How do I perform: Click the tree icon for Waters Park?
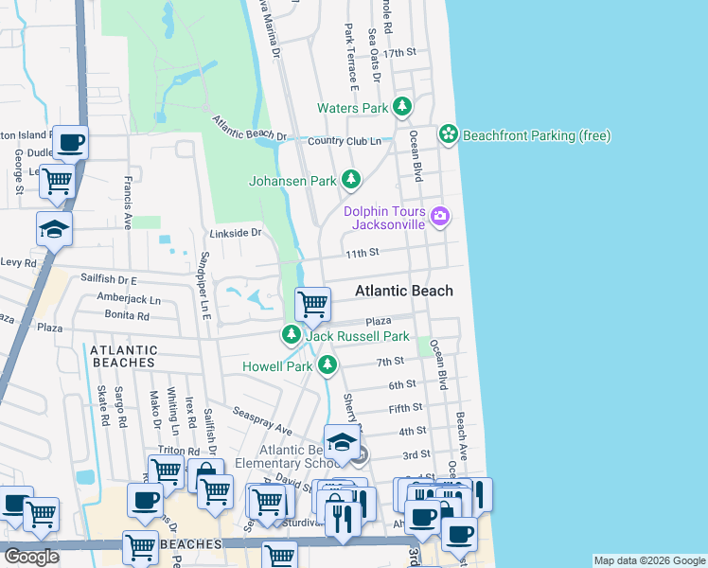coord(402,108)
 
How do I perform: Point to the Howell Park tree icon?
coord(327,365)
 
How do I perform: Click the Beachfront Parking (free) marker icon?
coord(448,136)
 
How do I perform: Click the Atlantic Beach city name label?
coord(404,292)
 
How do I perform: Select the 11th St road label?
coord(362,253)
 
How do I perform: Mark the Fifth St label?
coord(405,408)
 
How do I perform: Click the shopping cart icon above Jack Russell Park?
coord(312,305)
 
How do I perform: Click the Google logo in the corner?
coord(32,558)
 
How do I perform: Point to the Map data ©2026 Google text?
coord(648,560)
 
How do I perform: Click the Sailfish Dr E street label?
coord(109,281)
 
